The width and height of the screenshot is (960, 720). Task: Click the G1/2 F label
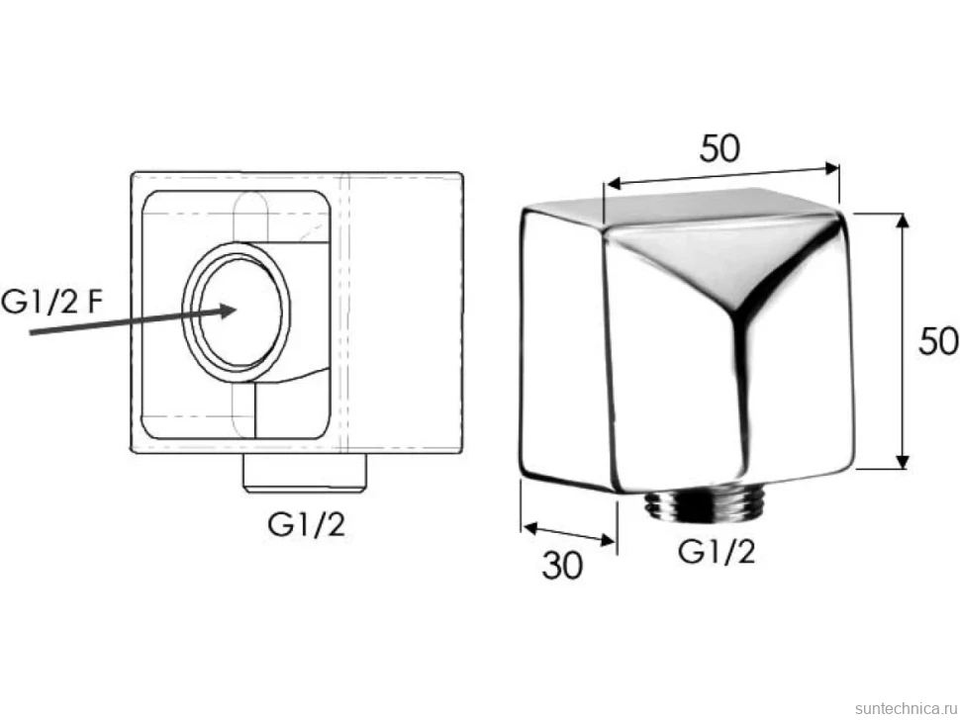pos(50,302)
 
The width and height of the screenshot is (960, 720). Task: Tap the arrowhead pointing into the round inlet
pos(227,311)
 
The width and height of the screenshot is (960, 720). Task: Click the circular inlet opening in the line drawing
pos(237,312)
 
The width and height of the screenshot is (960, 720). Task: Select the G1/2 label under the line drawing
pos(307,525)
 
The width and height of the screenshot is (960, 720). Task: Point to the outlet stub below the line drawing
pos(306,473)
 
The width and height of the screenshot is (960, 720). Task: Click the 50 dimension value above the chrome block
pos(720,148)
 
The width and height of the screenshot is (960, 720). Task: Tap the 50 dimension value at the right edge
pos(938,341)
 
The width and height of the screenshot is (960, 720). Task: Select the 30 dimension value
pos(562,566)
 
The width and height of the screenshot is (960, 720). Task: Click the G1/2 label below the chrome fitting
pos(717,553)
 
